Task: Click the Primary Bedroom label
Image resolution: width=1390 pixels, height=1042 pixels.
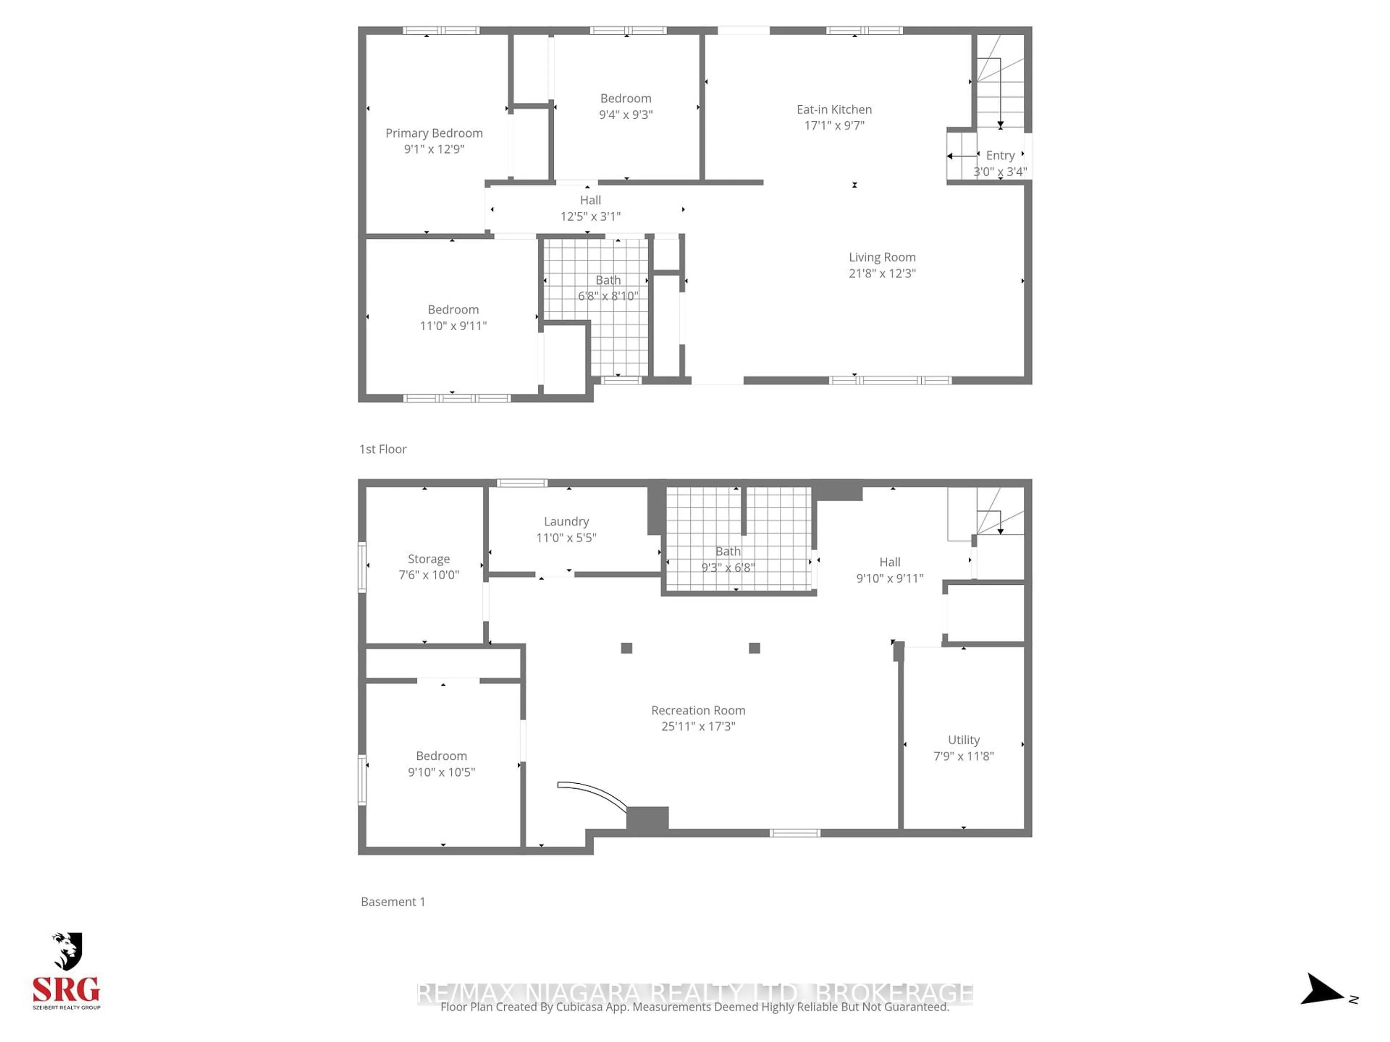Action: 434,133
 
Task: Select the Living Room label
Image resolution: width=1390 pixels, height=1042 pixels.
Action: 882,257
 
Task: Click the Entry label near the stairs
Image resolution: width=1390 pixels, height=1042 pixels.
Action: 1000,155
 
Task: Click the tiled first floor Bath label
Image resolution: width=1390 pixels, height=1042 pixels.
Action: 608,280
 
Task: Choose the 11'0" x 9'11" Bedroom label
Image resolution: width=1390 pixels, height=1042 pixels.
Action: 452,310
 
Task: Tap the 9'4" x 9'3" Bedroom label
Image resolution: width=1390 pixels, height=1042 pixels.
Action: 625,99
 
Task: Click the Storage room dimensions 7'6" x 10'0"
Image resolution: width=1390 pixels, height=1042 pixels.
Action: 429,575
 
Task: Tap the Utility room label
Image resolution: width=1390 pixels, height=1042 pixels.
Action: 963,740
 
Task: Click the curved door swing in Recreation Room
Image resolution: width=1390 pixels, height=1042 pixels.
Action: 597,793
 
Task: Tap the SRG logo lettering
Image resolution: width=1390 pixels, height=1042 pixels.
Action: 66,990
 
